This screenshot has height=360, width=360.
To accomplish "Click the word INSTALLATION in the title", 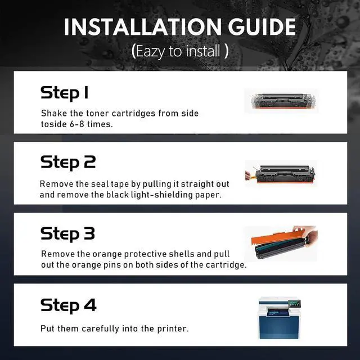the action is [x=142, y=27].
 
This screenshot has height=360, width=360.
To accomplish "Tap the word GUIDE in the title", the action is [x=262, y=27].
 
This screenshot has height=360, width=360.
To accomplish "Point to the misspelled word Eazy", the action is [x=150, y=51].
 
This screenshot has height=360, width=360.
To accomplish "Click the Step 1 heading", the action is [x=64, y=93].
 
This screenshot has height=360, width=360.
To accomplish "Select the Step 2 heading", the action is [x=68, y=163].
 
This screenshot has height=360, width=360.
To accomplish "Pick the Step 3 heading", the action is [x=67, y=234].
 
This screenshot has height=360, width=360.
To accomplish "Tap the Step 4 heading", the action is [x=69, y=305].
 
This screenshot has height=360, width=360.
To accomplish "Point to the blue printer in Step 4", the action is [x=280, y=318].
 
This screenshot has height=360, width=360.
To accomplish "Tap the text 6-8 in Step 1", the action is [x=76, y=124].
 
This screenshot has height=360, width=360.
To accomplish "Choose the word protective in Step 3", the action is [x=145, y=254].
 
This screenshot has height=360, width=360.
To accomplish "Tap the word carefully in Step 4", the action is [x=100, y=328].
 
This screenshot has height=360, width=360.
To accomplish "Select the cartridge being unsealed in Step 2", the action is [x=284, y=174].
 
